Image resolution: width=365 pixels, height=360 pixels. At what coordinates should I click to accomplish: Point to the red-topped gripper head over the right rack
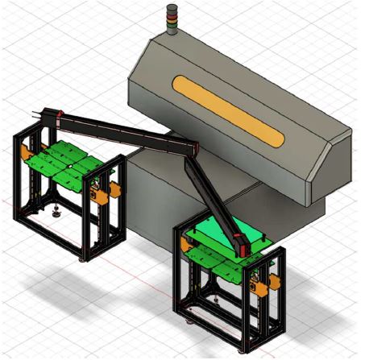(x=243, y=239)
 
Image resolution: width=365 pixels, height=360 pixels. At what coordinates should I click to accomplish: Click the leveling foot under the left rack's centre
(x=56, y=214)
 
